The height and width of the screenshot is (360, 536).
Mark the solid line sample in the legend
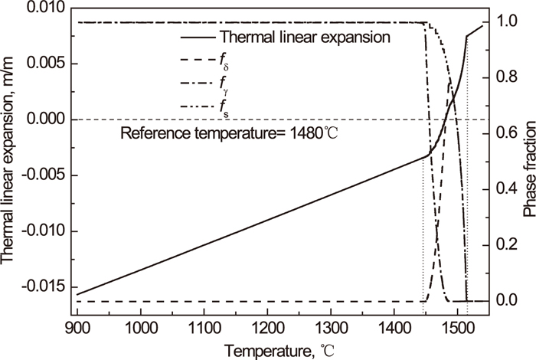tap(194, 36)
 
